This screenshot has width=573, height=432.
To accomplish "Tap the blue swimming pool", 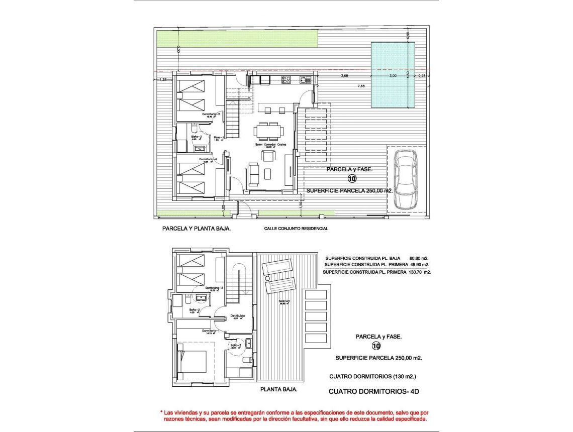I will [393, 75].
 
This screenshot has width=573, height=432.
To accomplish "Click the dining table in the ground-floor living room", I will [268, 131].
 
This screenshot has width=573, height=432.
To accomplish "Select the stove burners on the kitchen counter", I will [286, 79].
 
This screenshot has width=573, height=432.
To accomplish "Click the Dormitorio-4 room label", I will [208, 159].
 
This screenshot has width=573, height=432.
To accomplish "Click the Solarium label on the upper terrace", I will [285, 301].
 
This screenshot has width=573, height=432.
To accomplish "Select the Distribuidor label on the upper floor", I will [237, 315].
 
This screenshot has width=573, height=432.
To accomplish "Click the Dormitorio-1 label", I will [210, 331].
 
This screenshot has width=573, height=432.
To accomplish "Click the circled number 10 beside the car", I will [352, 179].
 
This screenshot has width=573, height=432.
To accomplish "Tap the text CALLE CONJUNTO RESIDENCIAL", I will [296, 229].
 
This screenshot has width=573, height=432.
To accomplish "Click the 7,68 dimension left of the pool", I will [361, 86].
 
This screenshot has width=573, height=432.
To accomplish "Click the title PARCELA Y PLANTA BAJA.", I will [196, 228].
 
